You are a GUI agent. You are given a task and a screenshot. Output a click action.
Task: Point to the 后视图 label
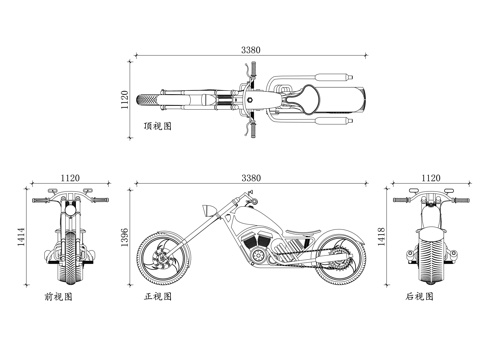tap(420, 297)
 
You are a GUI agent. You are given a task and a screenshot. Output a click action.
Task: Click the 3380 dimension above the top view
tap(253, 50)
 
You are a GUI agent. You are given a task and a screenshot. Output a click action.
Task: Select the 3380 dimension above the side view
tap(253, 177)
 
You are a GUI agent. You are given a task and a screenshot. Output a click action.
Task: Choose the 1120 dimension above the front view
tap(70, 177)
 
